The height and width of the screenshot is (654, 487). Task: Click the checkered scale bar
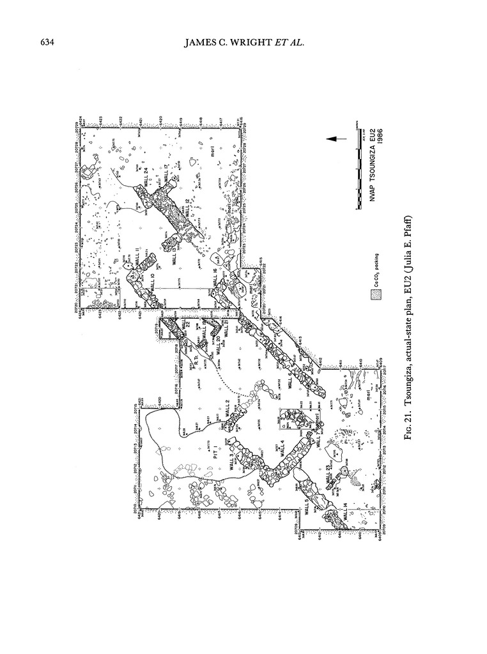click(355, 166)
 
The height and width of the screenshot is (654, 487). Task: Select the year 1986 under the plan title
click(381, 136)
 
